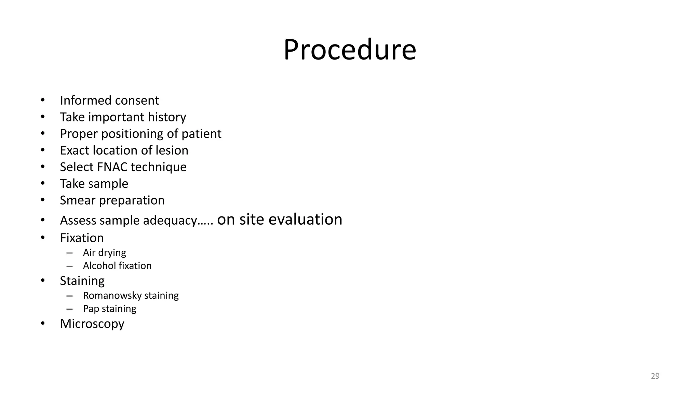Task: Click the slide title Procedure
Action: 350,50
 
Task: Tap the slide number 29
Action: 655,376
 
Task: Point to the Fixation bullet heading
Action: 82,238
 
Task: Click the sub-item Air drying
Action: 104,253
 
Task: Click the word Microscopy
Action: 92,324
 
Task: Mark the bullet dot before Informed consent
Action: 43,100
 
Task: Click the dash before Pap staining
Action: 70,309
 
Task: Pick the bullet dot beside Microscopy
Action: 43,324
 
